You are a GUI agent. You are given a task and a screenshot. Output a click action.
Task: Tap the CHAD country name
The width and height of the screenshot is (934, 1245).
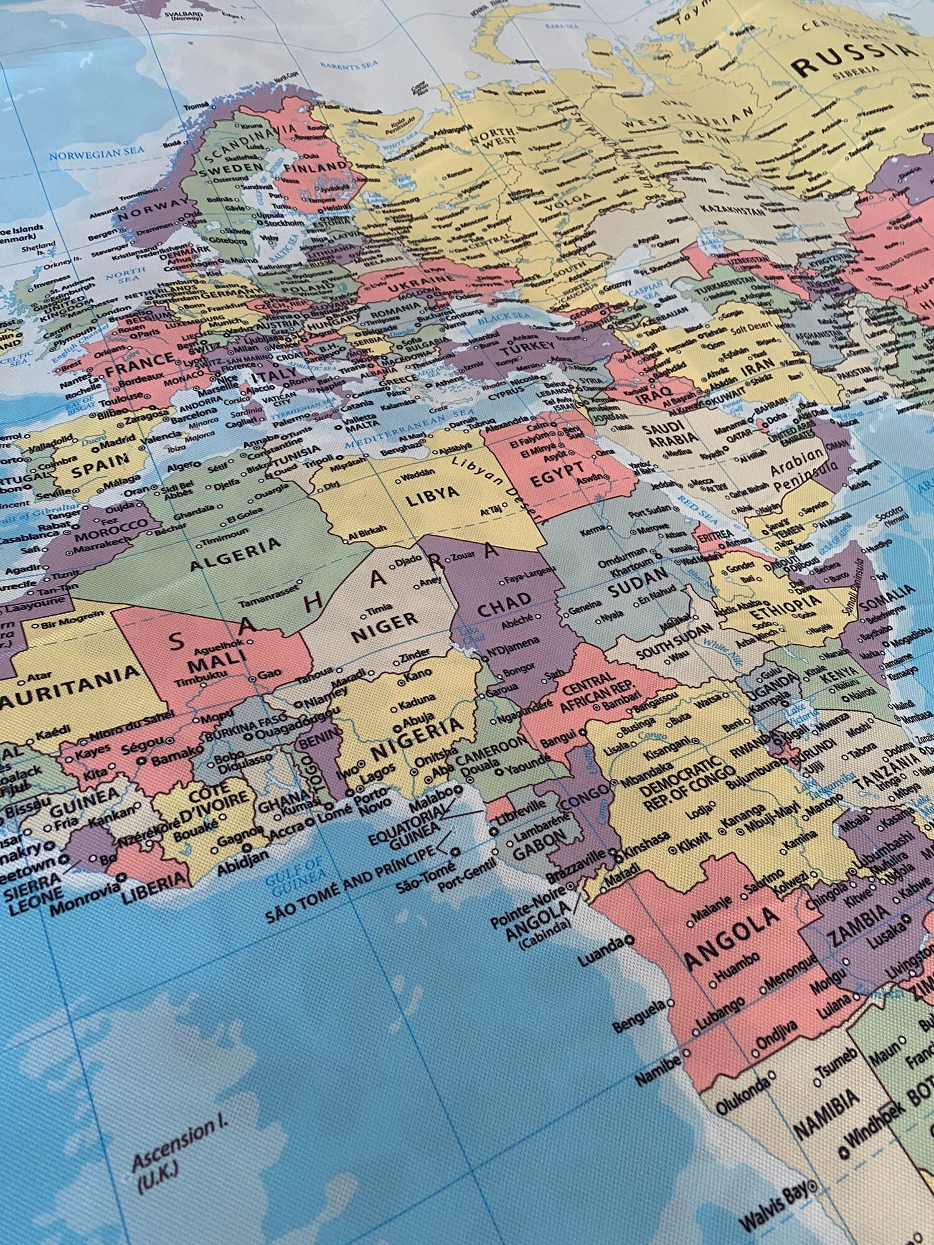(x=505, y=604)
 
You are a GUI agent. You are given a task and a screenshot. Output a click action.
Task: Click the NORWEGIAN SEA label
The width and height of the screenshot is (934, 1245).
(x=97, y=153)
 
